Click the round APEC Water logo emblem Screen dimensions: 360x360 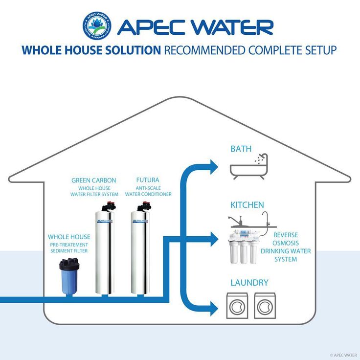pyautogui.click(x=97, y=26)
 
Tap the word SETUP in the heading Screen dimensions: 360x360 pyautogui.click(x=321, y=50)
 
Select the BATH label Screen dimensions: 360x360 pyautogui.click(x=241, y=149)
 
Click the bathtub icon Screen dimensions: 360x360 pyautogui.click(x=249, y=166)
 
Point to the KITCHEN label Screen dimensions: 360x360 pyautogui.click(x=247, y=205)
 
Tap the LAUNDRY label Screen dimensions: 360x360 pyautogui.click(x=249, y=283)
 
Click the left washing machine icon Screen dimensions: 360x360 pyautogui.click(x=237, y=306)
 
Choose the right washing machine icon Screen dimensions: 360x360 pyautogui.click(x=265, y=306)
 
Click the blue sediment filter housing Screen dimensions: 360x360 pyautogui.click(x=69, y=282)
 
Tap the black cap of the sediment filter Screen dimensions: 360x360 pyautogui.click(x=69, y=264)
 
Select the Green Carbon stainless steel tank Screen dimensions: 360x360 pyautogui.click(x=105, y=248)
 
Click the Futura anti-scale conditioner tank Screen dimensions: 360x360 pyautogui.click(x=140, y=248)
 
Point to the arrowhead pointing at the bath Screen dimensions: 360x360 pyautogui.click(x=214, y=167)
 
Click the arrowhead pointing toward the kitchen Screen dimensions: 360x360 pyautogui.click(x=214, y=240)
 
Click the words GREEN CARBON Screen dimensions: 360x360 pyautogui.click(x=94, y=180)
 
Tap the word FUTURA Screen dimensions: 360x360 pyautogui.click(x=148, y=180)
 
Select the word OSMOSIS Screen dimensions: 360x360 pyautogui.click(x=286, y=243)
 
